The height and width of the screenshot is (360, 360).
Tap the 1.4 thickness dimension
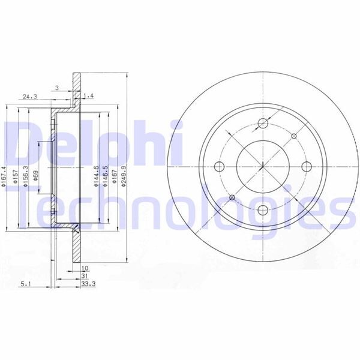[x=89, y=96]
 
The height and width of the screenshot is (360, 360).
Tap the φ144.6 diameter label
[x=96, y=178]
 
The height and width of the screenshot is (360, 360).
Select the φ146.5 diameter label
[x=106, y=178]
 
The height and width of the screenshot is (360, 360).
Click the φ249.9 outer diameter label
[x=124, y=178]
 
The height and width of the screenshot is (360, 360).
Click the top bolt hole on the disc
[x=262, y=124]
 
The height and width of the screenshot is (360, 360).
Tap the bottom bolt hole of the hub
[x=262, y=209]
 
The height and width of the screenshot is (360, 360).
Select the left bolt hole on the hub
[x=220, y=167]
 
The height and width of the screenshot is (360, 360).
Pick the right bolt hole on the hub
[x=305, y=167]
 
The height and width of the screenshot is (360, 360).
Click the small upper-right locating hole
[x=293, y=136]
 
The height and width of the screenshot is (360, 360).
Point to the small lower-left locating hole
[x=232, y=197]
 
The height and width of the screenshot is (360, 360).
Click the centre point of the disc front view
[x=262, y=167]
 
